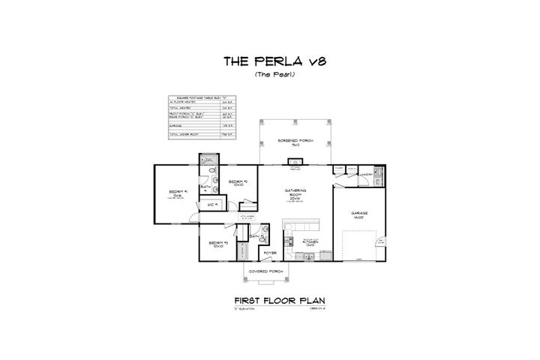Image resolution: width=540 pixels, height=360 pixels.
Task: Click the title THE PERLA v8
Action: tap(269, 61)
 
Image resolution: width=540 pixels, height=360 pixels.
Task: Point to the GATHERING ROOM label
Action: tap(294, 195)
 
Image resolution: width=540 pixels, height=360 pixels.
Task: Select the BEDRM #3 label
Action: tap(219, 244)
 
